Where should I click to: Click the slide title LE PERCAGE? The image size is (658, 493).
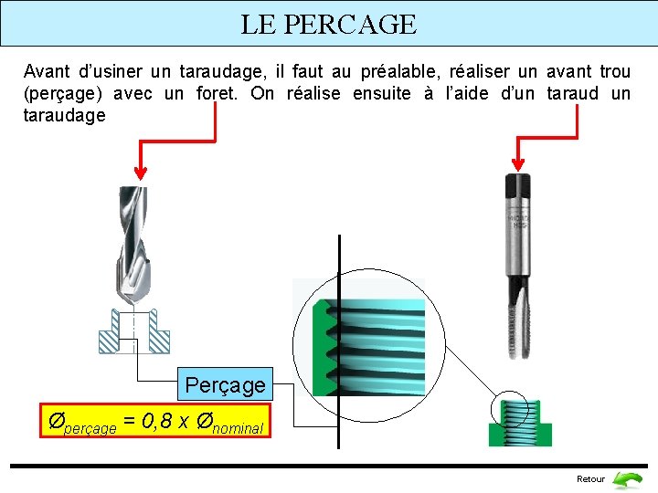[x=328, y=24]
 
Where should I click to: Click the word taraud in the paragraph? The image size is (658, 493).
[x=572, y=93]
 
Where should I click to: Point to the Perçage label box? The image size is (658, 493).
[x=225, y=385]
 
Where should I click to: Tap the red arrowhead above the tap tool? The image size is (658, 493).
[x=519, y=165]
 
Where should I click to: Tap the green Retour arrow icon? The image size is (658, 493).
[x=627, y=479]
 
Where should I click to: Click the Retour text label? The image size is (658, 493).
[x=590, y=479]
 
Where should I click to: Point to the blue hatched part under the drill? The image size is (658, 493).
[x=133, y=332]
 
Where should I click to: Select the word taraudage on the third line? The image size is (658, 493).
[x=64, y=116]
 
